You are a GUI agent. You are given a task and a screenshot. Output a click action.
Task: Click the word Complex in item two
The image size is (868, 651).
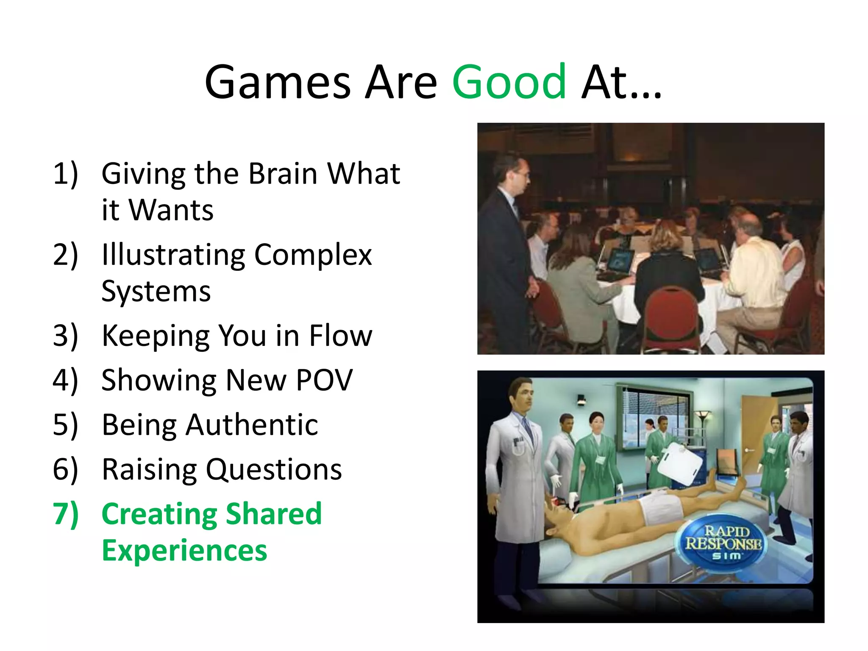[x=313, y=255]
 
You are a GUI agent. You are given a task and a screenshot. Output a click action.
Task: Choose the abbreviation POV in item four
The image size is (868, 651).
[x=324, y=380]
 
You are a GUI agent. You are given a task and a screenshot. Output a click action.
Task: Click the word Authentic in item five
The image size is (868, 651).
[x=252, y=425]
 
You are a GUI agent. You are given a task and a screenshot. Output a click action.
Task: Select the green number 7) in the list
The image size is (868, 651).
[x=66, y=514]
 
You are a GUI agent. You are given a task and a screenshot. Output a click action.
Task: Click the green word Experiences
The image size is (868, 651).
[x=184, y=551]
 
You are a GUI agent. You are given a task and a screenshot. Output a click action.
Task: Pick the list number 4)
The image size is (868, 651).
[x=66, y=380]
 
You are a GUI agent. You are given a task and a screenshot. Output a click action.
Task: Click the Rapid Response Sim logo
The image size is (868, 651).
[x=723, y=543]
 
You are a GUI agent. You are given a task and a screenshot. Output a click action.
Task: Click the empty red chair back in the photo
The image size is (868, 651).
[x=671, y=316]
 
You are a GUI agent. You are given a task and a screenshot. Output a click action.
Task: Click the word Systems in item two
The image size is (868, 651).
[x=156, y=292]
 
